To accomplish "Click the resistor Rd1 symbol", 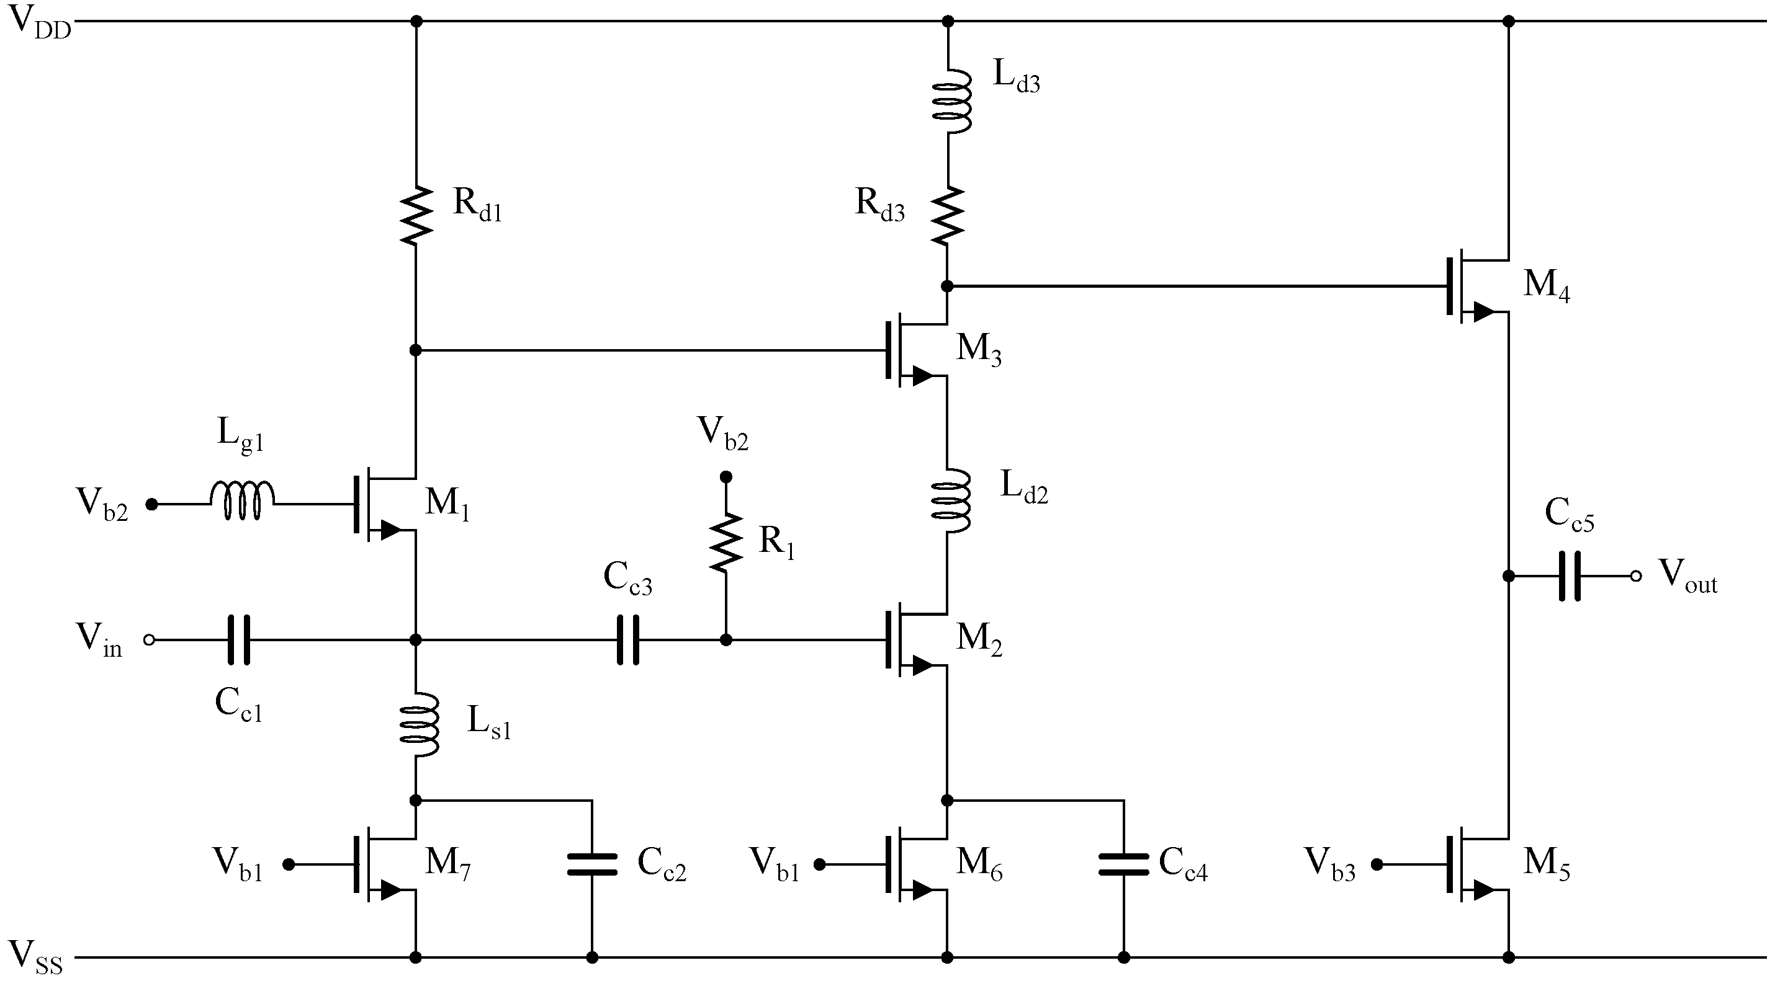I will (x=415, y=214).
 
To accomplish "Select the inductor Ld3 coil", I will (x=951, y=100).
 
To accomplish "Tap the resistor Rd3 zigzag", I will (x=948, y=214).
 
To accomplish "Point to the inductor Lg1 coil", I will (x=242, y=501).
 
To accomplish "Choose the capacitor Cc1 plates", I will (x=238, y=640).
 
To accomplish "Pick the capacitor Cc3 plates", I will (x=627, y=640).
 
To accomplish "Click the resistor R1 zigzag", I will (x=726, y=542).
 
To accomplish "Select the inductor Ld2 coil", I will (x=951, y=500).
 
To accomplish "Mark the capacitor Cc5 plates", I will (x=1569, y=575).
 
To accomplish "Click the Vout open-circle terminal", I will (x=1635, y=575).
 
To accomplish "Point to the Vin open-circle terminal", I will (x=149, y=640).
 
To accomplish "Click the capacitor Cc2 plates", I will (x=592, y=864).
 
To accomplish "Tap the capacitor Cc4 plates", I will (x=1123, y=864).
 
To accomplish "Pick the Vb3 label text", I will (x=1329, y=866).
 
